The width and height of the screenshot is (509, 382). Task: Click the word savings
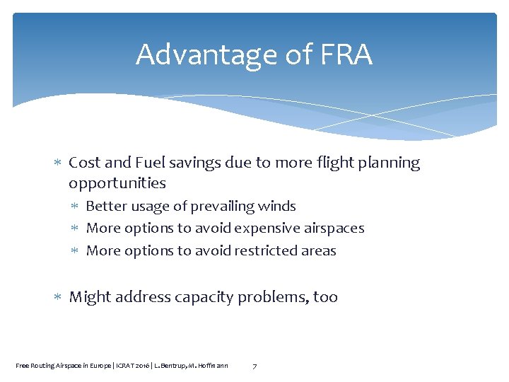tap(203, 163)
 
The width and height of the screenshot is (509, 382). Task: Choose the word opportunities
tap(117, 183)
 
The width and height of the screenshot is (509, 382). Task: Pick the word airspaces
tap(335, 228)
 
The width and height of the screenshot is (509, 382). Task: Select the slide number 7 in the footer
tap(255, 365)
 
